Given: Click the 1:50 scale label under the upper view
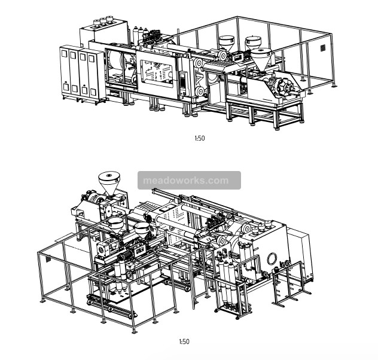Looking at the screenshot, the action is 200,138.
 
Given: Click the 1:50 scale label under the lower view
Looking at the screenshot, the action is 184,341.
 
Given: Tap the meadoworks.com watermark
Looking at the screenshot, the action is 185,181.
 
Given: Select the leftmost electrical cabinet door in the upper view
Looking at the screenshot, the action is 65,71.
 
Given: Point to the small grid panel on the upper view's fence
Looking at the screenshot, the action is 323,47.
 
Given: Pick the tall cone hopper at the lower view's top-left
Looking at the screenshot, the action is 109,182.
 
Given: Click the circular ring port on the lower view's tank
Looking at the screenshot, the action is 272,260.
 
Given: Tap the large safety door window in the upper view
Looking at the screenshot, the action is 157,74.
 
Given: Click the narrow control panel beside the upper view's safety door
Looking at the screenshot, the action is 183,84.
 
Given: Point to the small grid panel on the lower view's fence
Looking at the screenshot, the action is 48,260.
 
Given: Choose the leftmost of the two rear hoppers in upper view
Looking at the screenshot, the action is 227,43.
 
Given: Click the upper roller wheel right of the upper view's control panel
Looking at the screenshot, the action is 199,63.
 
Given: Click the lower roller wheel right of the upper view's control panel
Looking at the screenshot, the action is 200,91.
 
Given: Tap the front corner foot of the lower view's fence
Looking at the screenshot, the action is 135,331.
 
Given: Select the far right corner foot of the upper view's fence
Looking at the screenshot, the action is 334,85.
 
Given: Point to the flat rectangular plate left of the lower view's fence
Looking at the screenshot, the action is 66,237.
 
